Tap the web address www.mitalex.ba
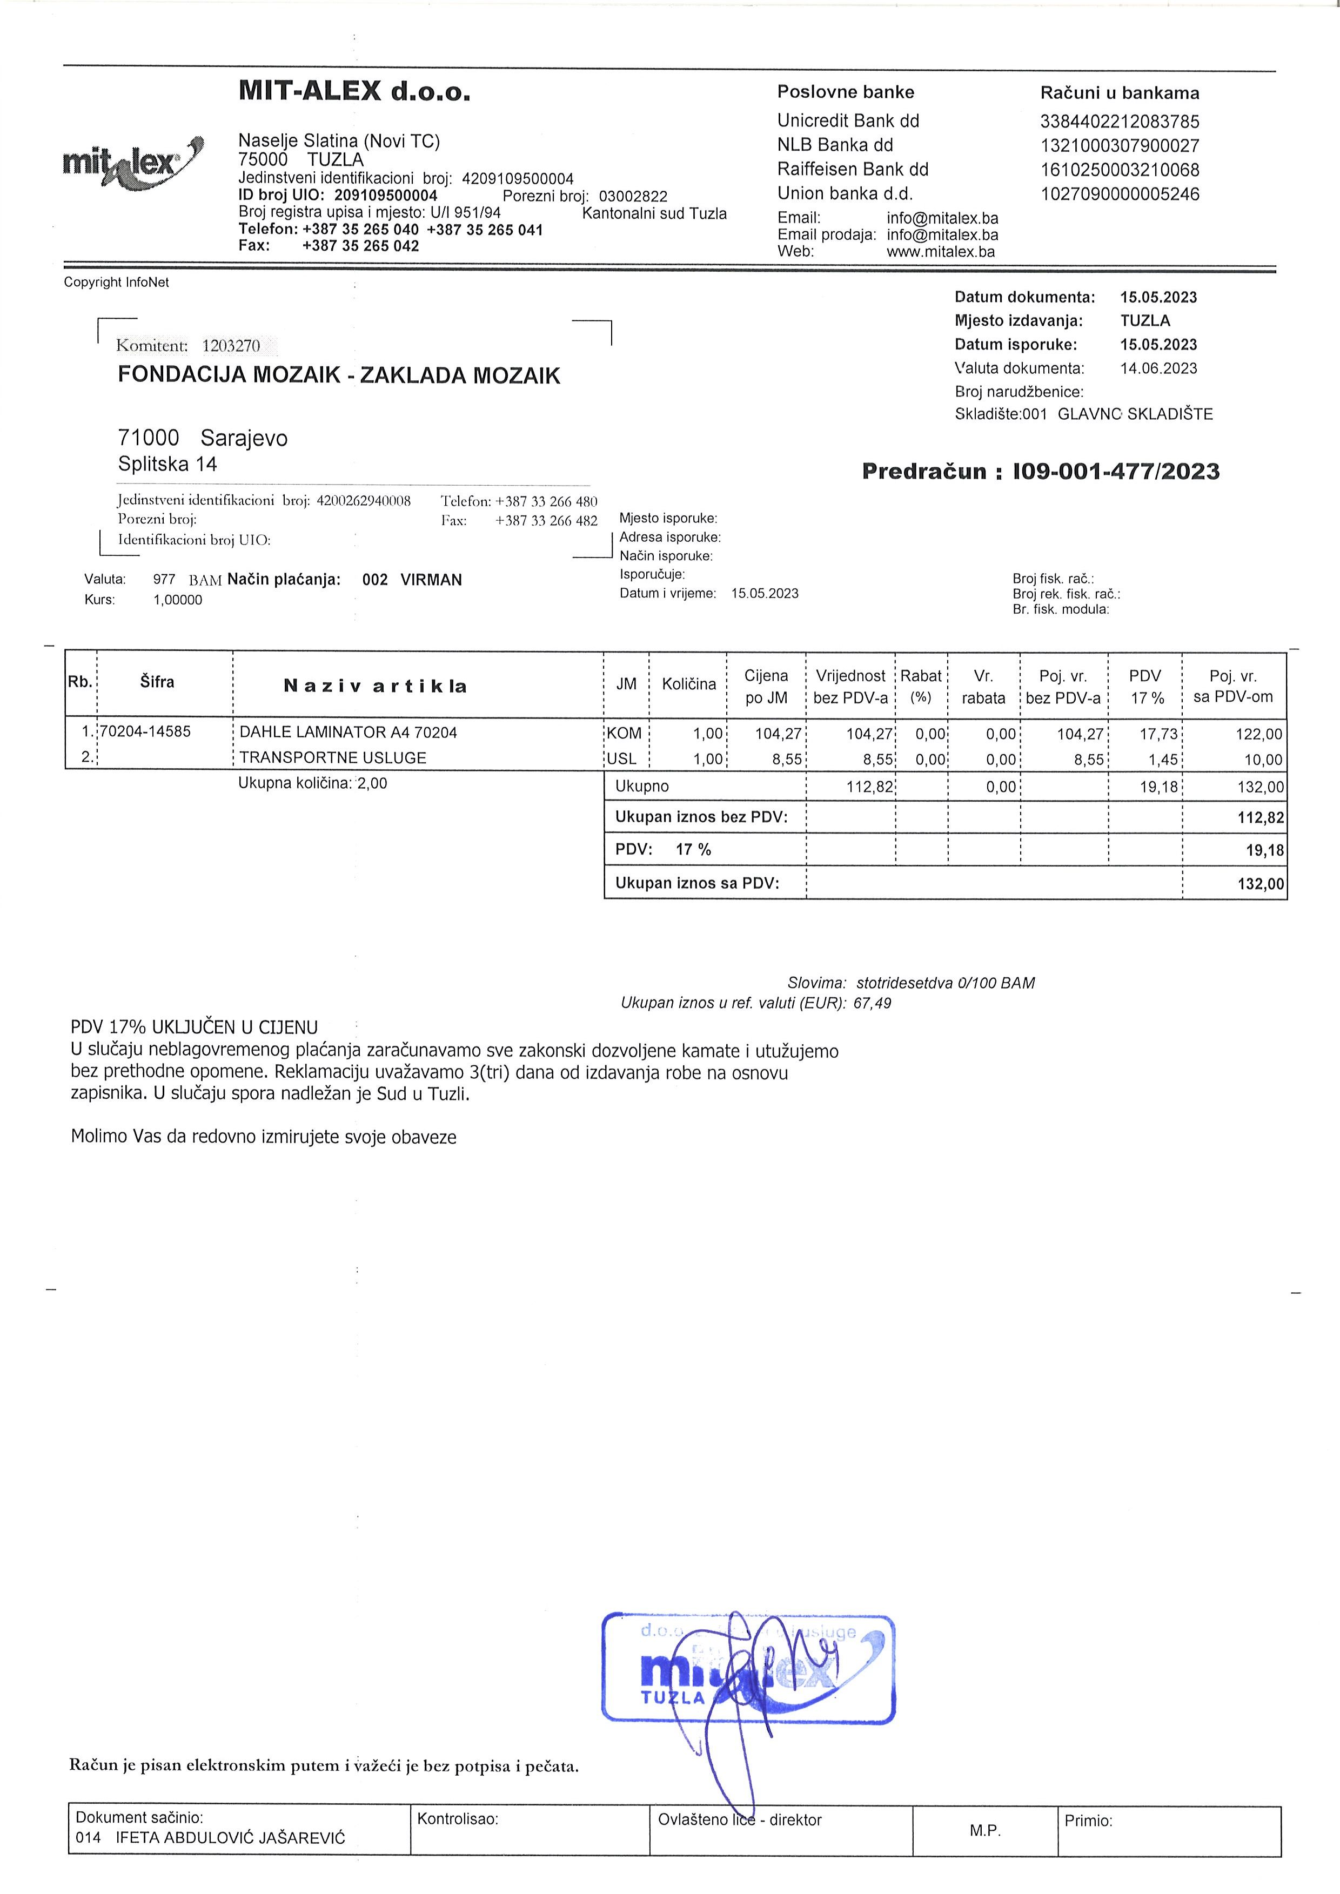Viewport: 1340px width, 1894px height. point(941,252)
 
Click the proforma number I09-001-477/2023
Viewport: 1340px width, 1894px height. point(1116,472)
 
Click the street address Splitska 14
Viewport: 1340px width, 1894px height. point(167,465)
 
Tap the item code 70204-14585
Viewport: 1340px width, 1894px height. point(145,731)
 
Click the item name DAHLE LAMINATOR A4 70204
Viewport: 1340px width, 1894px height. point(347,733)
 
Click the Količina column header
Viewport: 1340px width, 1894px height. point(688,684)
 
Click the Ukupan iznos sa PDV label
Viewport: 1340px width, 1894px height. point(697,883)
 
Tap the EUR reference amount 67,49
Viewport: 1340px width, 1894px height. point(872,1004)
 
